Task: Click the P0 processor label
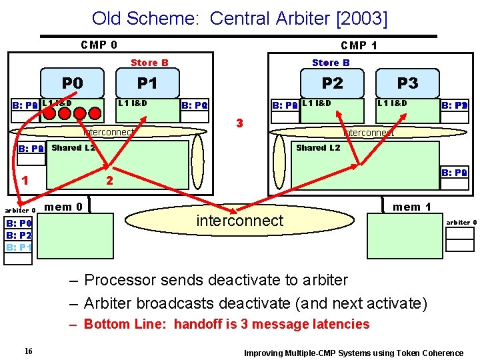(x=73, y=83)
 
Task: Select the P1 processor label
(x=146, y=83)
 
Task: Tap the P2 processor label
(x=332, y=83)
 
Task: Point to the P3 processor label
(x=407, y=83)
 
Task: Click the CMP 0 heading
(x=99, y=45)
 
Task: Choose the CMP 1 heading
(x=359, y=45)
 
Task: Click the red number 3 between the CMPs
(x=240, y=123)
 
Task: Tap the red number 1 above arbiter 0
(x=25, y=179)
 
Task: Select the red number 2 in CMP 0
(x=111, y=181)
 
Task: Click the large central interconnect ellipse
(x=240, y=221)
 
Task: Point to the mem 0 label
(x=63, y=207)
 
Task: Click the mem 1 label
(x=412, y=207)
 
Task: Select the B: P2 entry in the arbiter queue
(x=19, y=235)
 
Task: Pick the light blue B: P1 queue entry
(x=19, y=247)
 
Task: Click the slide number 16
(x=28, y=351)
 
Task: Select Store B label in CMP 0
(x=149, y=63)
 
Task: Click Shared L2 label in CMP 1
(x=318, y=147)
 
